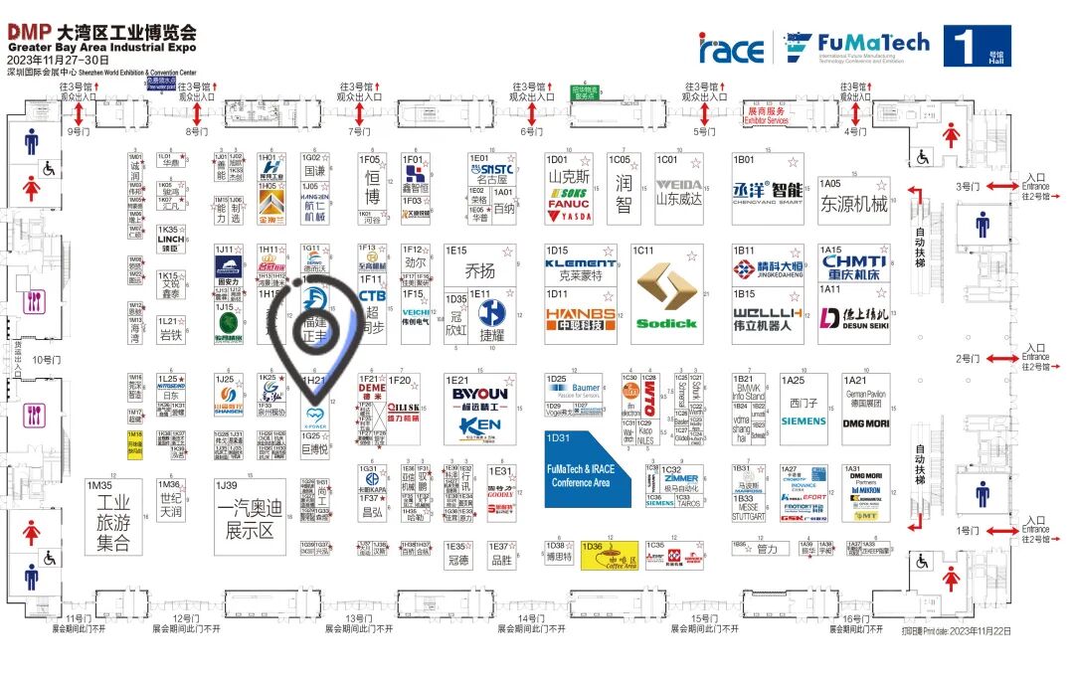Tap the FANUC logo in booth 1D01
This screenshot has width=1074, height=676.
(568, 205)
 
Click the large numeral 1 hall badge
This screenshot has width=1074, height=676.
(964, 46)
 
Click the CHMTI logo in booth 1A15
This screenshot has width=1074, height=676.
(854, 262)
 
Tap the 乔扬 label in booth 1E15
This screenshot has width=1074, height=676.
(479, 269)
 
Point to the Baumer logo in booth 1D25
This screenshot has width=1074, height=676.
(586, 388)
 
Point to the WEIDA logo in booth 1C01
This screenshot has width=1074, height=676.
(679, 185)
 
